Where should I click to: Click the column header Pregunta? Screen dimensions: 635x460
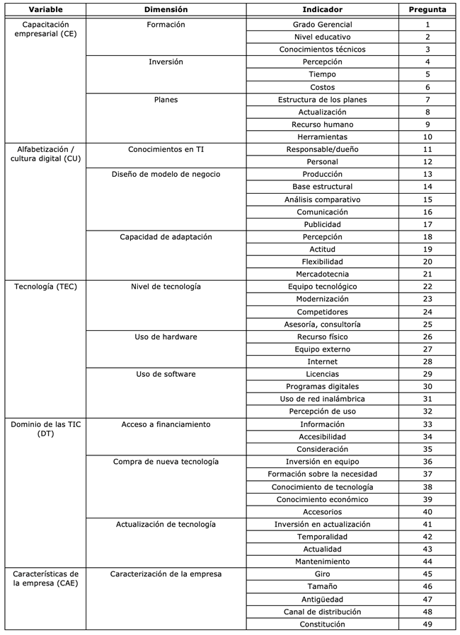427,10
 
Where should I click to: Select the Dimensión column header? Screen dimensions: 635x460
166,10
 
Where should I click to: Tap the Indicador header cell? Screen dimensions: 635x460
322,10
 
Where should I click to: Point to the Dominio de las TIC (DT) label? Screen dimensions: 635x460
40,429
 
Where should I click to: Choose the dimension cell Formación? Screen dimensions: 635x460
166,25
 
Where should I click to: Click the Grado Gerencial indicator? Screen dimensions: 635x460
322,25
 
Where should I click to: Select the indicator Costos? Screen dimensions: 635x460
322,87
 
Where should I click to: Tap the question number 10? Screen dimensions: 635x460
427,137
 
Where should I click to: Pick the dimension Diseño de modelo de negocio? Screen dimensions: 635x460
166,174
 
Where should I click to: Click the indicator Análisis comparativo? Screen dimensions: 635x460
322,199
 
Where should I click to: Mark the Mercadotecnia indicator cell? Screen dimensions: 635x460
322,274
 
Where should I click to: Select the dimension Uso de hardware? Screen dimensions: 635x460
166,337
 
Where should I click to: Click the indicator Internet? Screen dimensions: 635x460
322,362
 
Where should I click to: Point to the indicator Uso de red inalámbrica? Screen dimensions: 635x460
322,399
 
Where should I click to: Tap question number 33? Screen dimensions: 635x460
427,424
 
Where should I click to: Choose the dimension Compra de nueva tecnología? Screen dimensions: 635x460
166,462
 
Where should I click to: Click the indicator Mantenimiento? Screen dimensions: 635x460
322,561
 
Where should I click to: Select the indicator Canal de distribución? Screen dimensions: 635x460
322,612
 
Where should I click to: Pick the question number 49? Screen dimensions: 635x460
427,624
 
